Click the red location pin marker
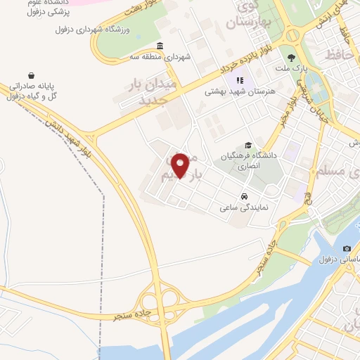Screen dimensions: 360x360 (181, 165)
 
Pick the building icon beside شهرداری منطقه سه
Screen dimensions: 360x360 (160, 46)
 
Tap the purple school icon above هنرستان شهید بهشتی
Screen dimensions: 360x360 (240, 80)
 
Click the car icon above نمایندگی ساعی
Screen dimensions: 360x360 (243, 196)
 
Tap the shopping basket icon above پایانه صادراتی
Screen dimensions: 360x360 (32, 75)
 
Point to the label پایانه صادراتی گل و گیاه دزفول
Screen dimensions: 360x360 (32, 90)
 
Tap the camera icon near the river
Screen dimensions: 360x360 (347, 249)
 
